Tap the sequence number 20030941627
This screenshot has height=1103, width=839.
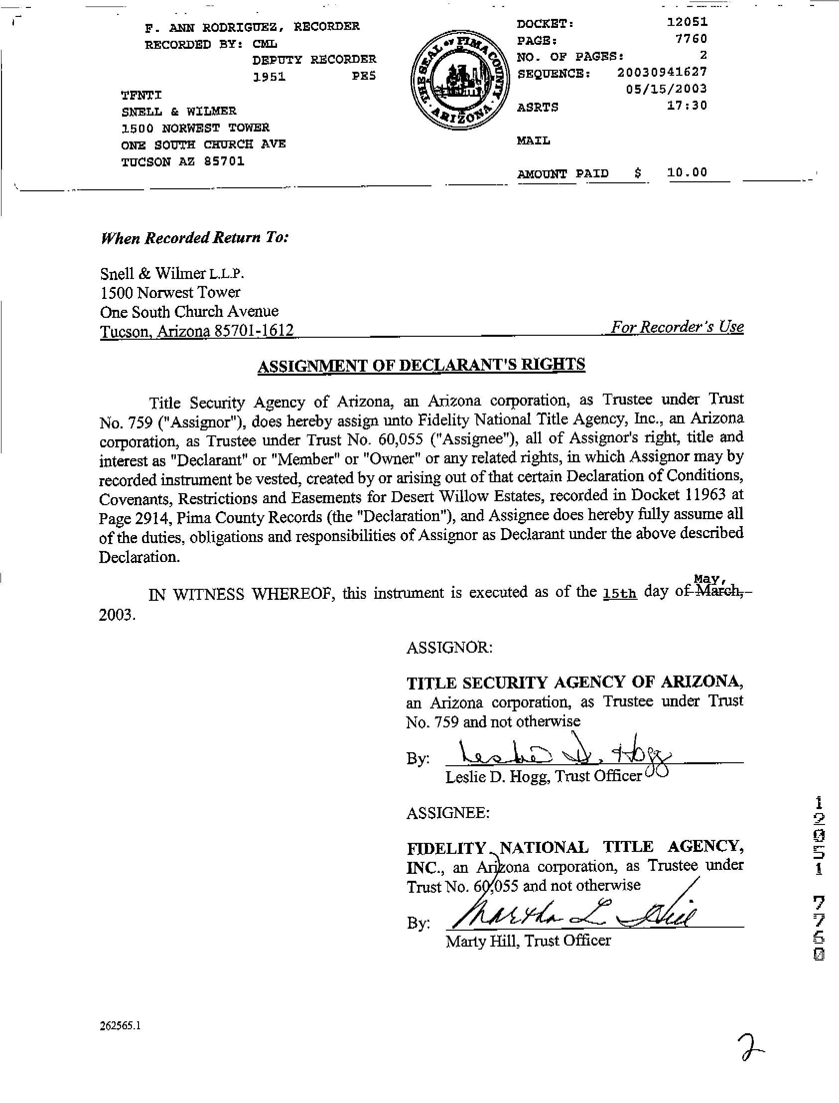coord(662,72)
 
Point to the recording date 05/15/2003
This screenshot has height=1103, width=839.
coord(666,89)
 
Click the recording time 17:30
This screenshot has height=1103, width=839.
coord(687,105)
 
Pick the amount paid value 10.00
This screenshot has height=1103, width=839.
coord(687,172)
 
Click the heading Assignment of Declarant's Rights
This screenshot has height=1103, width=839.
coord(421,365)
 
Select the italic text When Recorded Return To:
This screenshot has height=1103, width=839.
coord(195,237)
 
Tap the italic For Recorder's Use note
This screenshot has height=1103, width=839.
coord(677,327)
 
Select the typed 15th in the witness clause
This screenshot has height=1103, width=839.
coord(620,594)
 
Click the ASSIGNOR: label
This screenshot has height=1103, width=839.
coord(449,648)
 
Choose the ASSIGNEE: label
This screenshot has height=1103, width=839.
coord(448,814)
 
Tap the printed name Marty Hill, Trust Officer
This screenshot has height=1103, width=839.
coord(528,941)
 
